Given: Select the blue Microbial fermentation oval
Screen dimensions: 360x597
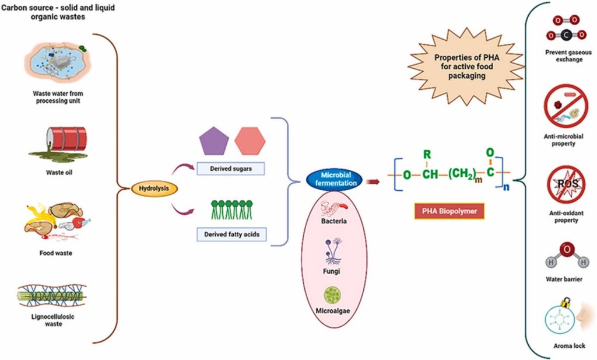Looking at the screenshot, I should pyautogui.click(x=334, y=179).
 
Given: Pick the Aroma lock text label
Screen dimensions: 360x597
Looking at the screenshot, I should pyautogui.click(x=566, y=346).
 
